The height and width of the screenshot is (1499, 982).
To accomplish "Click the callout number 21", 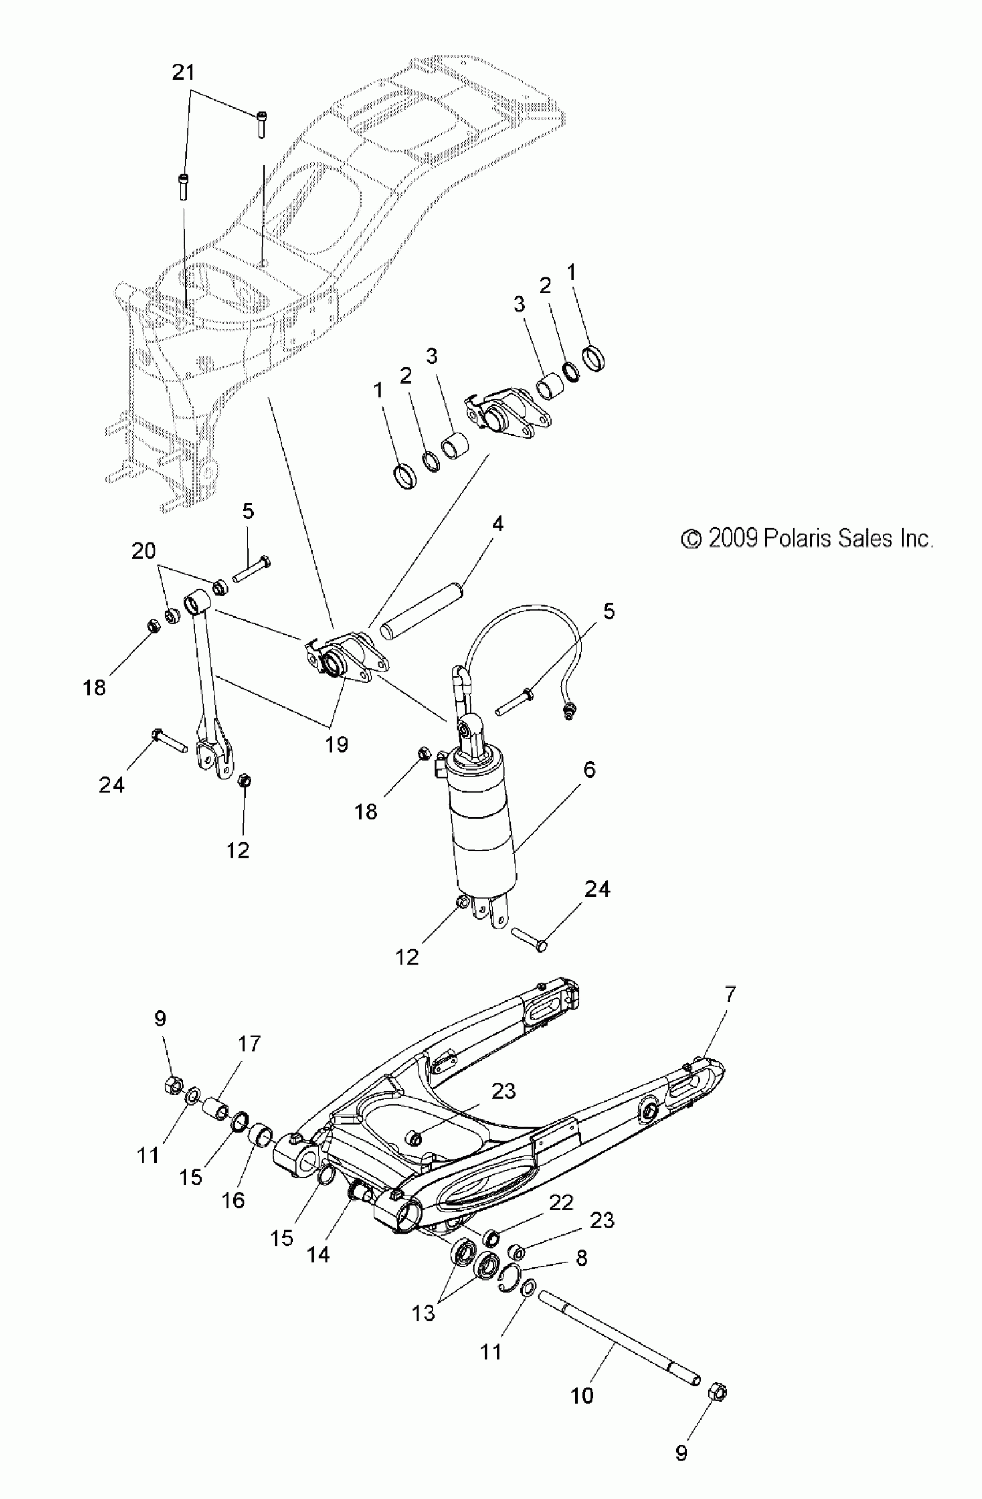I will click(x=183, y=73).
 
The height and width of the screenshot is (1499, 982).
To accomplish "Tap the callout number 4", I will click(x=497, y=524).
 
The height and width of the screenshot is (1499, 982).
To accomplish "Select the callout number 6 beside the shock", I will click(x=590, y=769).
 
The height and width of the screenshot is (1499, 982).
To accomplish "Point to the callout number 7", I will click(x=730, y=995).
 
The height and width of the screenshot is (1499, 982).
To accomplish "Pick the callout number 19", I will click(x=337, y=745).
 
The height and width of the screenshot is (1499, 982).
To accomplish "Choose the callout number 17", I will click(x=249, y=1044).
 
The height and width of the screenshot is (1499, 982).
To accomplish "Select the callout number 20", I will click(x=143, y=551).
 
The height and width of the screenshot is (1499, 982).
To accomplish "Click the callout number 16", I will click(x=233, y=1200).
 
